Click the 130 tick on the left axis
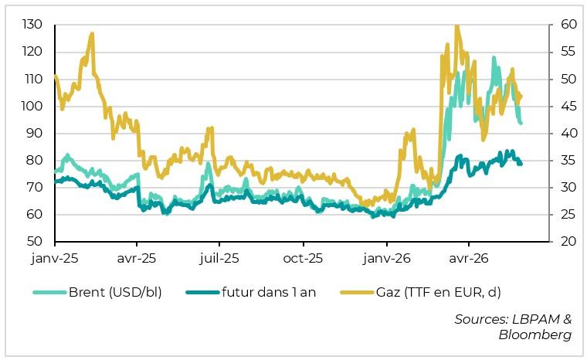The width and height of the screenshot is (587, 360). [32, 25]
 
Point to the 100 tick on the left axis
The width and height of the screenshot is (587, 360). [32, 106]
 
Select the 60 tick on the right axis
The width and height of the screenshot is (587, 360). [568, 25]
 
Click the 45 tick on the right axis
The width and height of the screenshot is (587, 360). [568, 107]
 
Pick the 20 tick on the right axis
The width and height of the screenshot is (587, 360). [568, 241]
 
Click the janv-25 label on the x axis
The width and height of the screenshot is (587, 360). [55, 259]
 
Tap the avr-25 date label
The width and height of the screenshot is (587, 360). [137, 259]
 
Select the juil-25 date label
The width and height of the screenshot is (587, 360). [219, 259]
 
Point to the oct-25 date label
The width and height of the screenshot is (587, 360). [303, 259]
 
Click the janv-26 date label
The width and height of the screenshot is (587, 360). [387, 259]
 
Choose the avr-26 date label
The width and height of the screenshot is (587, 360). [469, 259]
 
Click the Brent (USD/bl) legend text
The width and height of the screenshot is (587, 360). [115, 292]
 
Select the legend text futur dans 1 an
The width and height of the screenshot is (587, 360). [269, 292]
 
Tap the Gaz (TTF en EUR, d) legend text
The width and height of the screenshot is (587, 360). [439, 292]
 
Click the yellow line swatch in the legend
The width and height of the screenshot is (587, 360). [357, 292]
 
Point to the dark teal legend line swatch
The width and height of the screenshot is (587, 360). [202, 292]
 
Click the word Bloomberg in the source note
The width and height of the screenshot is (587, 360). [535, 335]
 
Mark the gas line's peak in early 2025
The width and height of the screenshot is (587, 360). [92, 34]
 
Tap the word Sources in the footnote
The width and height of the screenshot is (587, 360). [481, 319]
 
